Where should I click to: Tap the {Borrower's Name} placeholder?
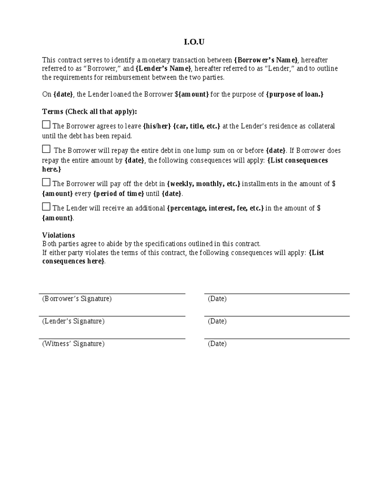pyautogui.click(x=266, y=60)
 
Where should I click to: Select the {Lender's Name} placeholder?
pyautogui.click(x=163, y=69)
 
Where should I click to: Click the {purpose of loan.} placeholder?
pyautogui.click(x=295, y=94)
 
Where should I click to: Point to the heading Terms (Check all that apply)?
pyautogui.click(x=89, y=111)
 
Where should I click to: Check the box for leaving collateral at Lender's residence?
pyautogui.click(x=46, y=125)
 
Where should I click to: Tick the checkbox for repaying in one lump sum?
pyautogui.click(x=46, y=149)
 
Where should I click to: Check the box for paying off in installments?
pyautogui.click(x=46, y=182)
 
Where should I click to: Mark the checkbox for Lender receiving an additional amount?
pyautogui.click(x=46, y=207)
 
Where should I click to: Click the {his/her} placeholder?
pyautogui.click(x=157, y=126)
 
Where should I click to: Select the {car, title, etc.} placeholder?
pyautogui.click(x=197, y=126)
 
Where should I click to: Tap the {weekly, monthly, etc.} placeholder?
pyautogui.click(x=204, y=184)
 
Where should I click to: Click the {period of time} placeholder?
pyautogui.click(x=118, y=193)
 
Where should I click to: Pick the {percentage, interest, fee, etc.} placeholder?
pyautogui.click(x=215, y=208)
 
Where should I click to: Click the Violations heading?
pyautogui.click(x=58, y=235)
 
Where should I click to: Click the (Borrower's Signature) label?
pyautogui.click(x=77, y=298)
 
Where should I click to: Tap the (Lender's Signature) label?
pyautogui.click(x=73, y=321)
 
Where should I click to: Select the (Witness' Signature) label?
pyautogui.click(x=73, y=344)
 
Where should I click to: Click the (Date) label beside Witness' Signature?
pyautogui.click(x=217, y=344)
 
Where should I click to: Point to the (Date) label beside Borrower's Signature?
pyautogui.click(x=217, y=298)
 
